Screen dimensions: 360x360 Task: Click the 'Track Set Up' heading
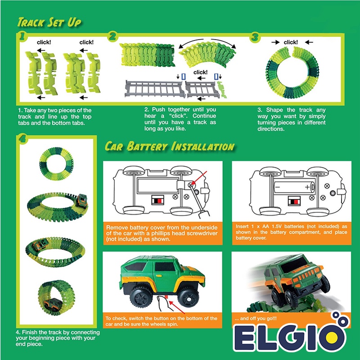(49, 22)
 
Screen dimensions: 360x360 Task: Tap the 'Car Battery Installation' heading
(169, 147)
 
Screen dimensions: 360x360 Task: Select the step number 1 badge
(20, 37)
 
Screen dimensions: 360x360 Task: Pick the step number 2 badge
(113, 37)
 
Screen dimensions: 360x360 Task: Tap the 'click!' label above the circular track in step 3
(291, 42)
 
